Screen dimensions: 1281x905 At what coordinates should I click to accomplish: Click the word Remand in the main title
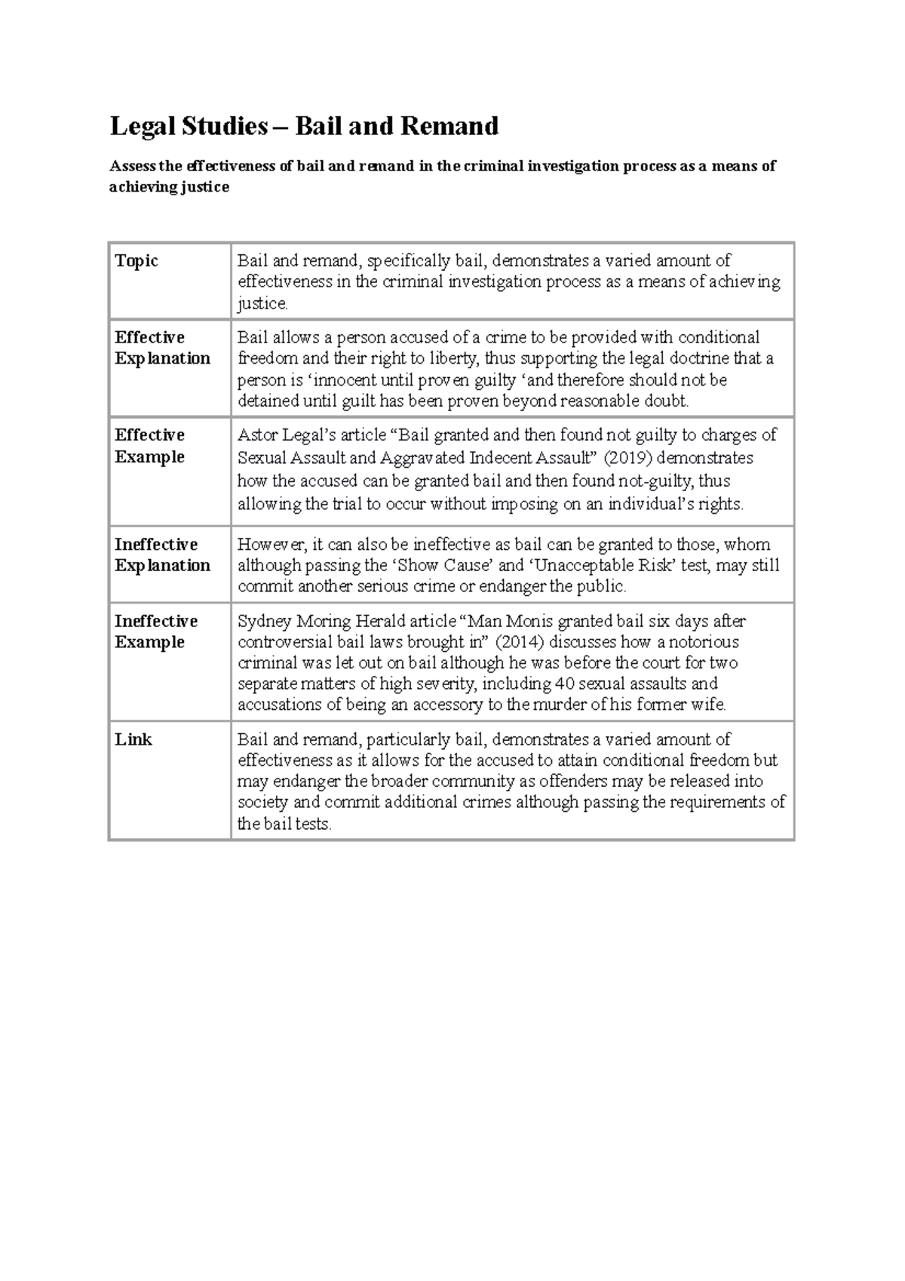[x=449, y=125]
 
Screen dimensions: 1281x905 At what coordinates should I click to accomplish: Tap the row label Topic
[x=137, y=261]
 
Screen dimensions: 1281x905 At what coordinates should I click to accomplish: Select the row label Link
[x=133, y=739]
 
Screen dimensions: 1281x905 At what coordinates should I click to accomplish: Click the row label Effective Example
[x=149, y=446]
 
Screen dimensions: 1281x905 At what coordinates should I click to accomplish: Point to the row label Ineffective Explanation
[x=161, y=554]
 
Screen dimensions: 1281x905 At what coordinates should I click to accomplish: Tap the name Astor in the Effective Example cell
[x=257, y=435]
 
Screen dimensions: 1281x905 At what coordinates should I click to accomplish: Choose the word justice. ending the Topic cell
[x=262, y=304]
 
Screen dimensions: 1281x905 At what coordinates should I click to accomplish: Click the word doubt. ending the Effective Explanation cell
[x=667, y=401]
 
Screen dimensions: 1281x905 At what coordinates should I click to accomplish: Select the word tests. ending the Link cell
[x=310, y=825]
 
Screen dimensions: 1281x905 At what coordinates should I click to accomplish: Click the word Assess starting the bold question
[x=133, y=166]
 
